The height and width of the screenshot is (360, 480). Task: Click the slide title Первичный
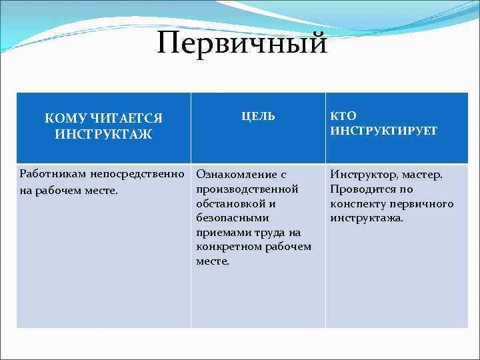(x=243, y=43)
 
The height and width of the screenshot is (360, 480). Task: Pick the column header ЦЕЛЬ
(x=257, y=116)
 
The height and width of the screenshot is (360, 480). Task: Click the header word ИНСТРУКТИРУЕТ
(x=384, y=131)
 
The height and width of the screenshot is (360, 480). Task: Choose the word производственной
(x=247, y=189)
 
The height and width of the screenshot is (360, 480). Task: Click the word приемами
(x=221, y=233)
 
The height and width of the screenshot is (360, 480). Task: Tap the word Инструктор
(x=364, y=175)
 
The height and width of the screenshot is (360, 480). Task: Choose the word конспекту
(x=358, y=204)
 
